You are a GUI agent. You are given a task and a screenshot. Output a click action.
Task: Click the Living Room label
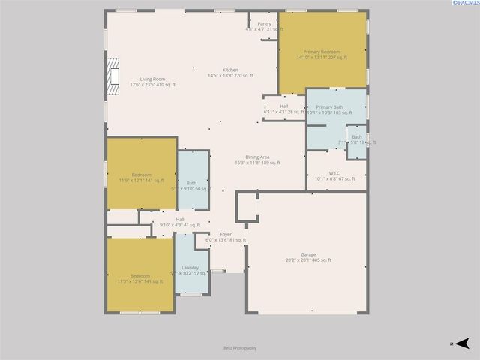click(152, 79)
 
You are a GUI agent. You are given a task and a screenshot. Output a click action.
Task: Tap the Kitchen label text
click(230, 70)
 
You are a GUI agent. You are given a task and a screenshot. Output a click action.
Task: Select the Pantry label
click(264, 23)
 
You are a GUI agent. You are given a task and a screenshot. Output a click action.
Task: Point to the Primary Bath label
click(329, 107)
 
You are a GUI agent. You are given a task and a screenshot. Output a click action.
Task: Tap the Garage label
click(308, 254)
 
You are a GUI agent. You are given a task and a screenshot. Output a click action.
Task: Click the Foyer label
click(226, 234)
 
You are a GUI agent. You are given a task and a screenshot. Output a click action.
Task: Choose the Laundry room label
click(190, 267)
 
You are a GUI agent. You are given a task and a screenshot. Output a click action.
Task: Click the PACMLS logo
click(457, 5)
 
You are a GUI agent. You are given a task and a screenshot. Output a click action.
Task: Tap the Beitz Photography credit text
click(240, 347)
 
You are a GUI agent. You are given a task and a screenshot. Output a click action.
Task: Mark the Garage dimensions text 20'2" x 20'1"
click(308, 260)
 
